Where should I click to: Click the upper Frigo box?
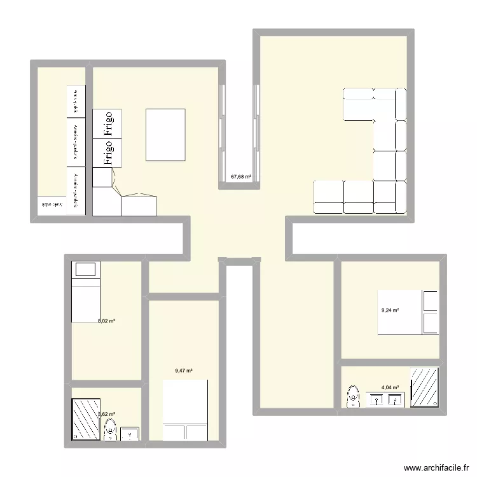107,124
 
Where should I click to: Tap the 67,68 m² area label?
241,177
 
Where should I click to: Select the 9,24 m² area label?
390,310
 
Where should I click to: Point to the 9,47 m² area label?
184,371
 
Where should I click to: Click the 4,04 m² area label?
390,387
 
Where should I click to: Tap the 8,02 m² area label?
106,321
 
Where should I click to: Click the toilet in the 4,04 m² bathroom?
352,396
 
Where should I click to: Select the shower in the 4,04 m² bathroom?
424,387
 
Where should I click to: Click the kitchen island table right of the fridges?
166,135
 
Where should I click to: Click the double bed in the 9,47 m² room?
186,410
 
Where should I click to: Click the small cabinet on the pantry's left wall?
52,205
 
